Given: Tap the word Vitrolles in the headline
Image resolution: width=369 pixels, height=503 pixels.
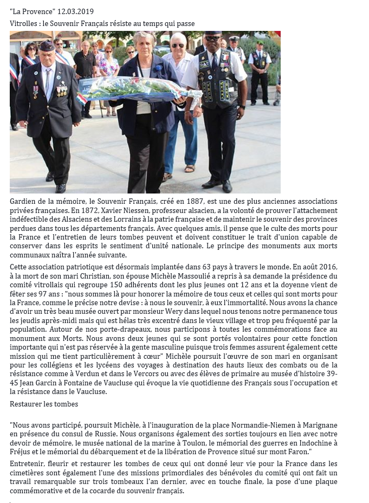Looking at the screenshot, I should click(25, 24).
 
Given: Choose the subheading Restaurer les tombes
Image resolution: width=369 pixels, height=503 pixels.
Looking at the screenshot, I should click(44, 404).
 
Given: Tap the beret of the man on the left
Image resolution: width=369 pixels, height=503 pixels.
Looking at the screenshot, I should click(47, 44).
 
